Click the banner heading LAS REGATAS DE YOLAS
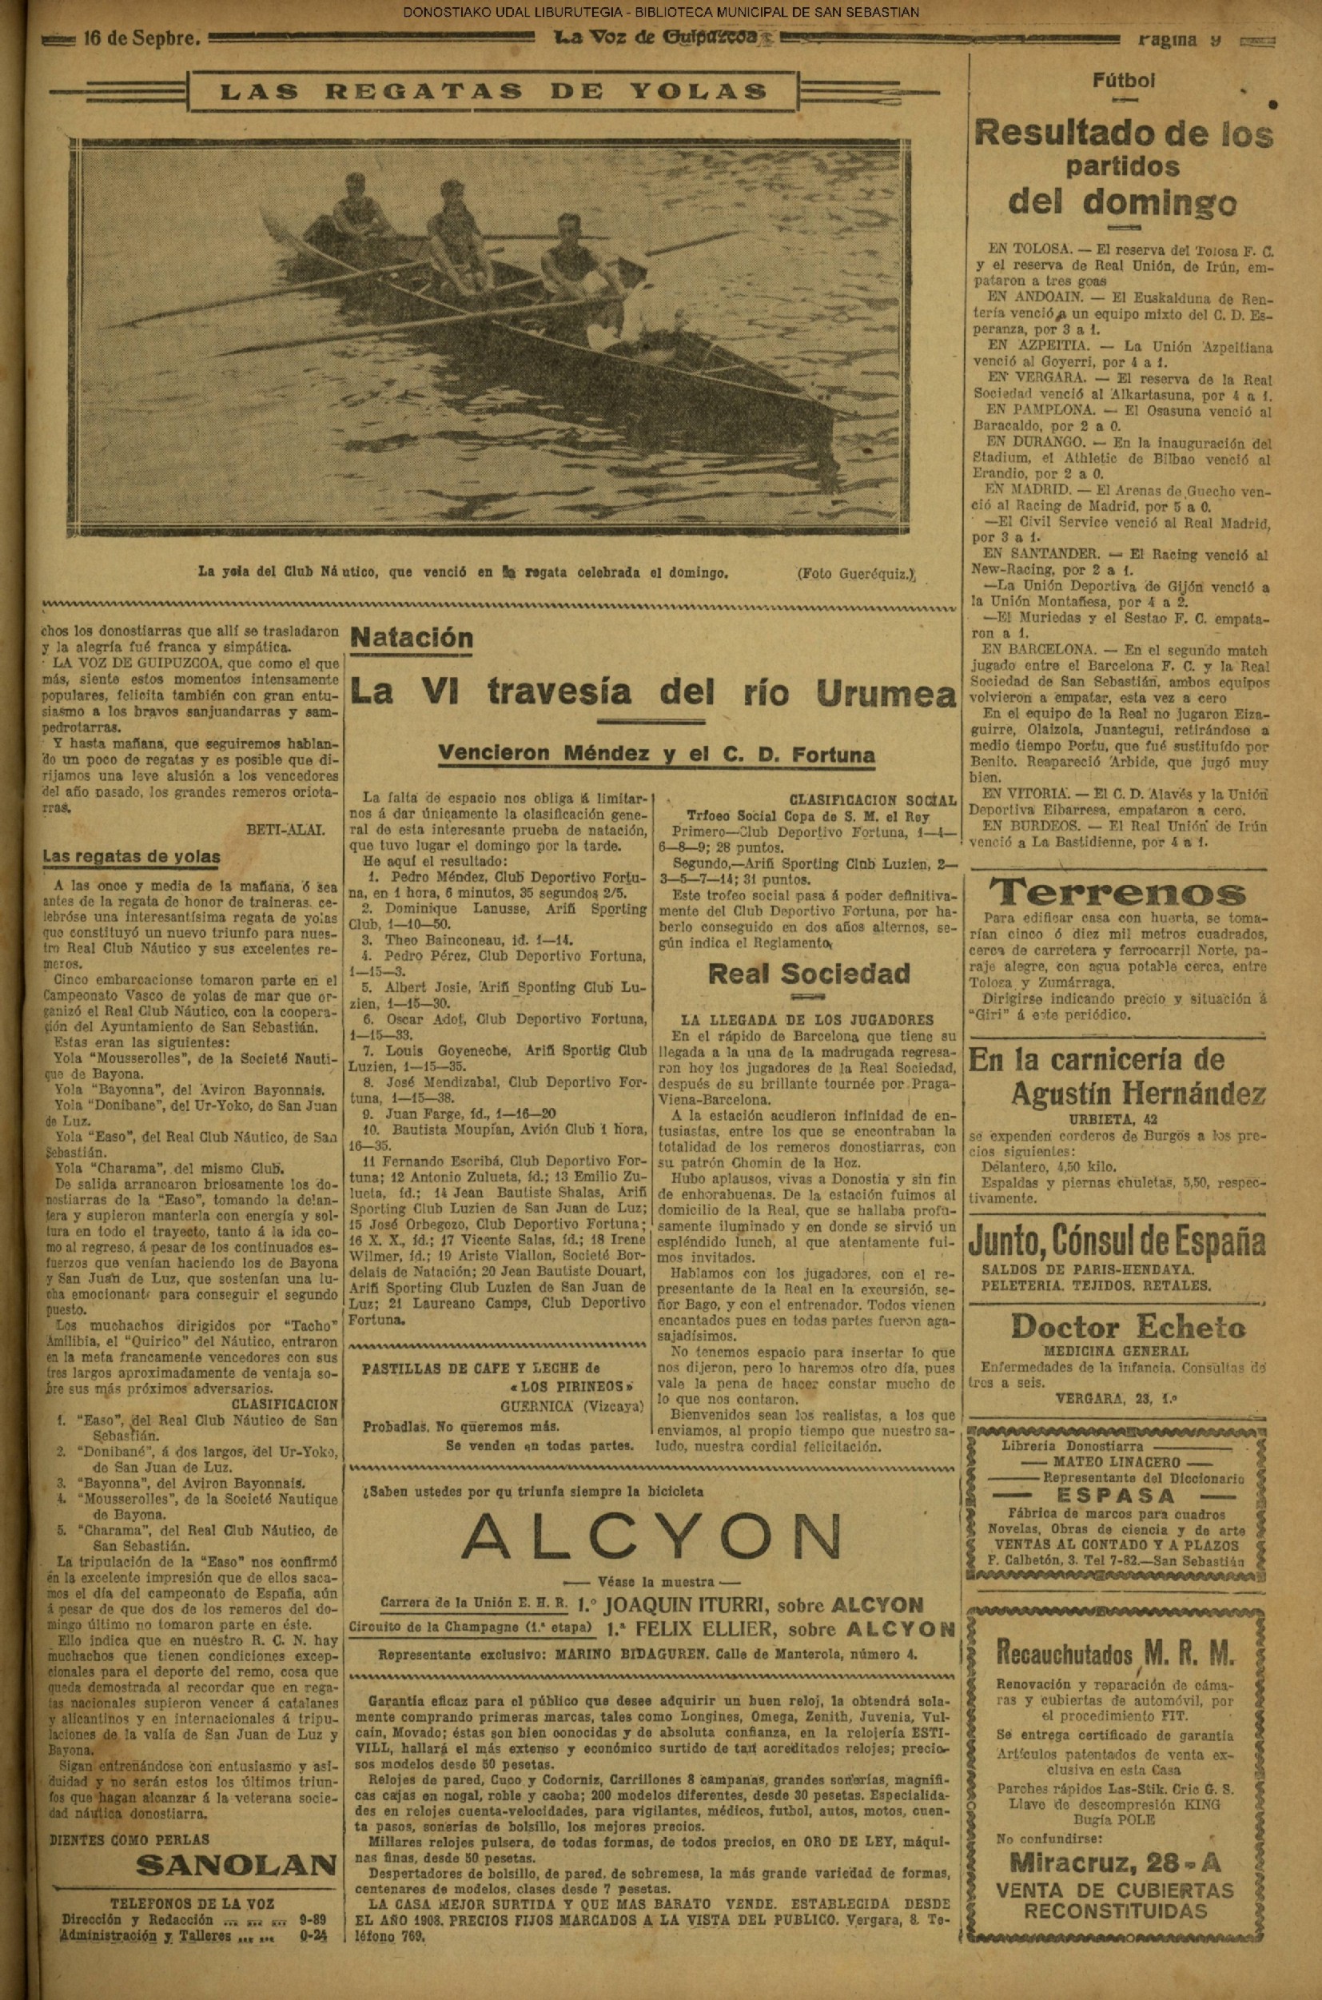click(x=493, y=92)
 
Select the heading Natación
click(x=412, y=637)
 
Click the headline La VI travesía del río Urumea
click(x=654, y=693)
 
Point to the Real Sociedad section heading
click(x=809, y=974)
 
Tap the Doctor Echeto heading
click(x=1127, y=1327)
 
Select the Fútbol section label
click(x=1123, y=81)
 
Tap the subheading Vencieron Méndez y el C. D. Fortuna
click(x=655, y=755)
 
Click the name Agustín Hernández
click(x=1137, y=1094)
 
